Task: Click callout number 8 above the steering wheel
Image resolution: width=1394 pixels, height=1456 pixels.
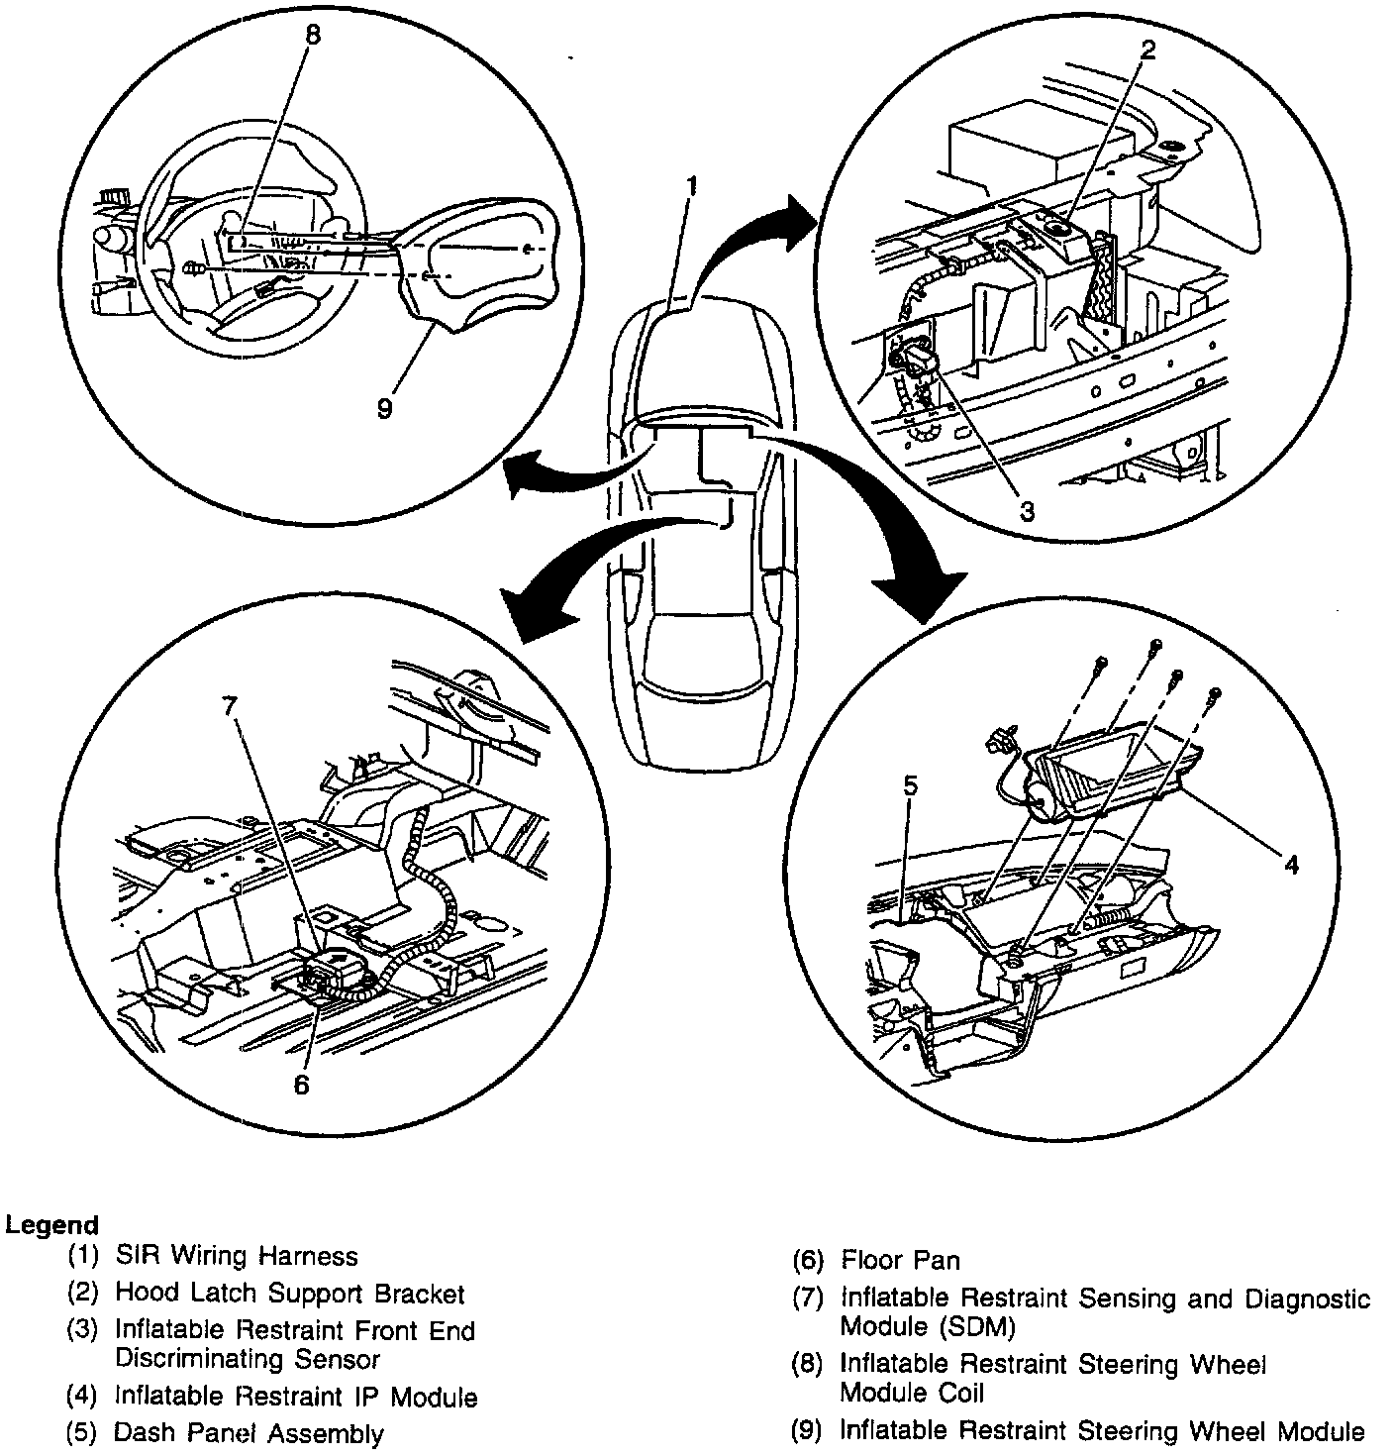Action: coord(313,36)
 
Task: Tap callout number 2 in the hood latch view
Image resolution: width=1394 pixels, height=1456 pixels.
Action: coord(1147,52)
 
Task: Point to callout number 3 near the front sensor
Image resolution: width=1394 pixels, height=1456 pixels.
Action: coord(1027,511)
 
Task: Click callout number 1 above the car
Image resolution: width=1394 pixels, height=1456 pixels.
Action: coord(694,184)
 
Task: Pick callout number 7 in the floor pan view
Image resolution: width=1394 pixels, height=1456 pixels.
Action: coord(231,705)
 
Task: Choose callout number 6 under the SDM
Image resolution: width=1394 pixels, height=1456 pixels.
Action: coord(301,1084)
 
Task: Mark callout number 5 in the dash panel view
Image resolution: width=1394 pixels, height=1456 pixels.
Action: coord(911,785)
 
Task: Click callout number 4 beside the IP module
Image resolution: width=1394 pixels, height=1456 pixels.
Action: coord(1290,864)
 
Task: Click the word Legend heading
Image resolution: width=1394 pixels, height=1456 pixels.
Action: coord(51,1224)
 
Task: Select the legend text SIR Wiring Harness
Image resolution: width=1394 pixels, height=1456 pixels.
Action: coord(236,1256)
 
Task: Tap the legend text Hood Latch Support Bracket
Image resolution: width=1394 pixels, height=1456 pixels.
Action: coord(289,1293)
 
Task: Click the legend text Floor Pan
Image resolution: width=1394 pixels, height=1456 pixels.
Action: coord(900,1260)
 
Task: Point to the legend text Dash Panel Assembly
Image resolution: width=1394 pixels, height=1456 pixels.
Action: coord(249,1432)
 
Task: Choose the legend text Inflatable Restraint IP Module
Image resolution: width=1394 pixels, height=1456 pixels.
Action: coord(296,1397)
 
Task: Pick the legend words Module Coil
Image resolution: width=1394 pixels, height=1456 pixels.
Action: coord(912,1393)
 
